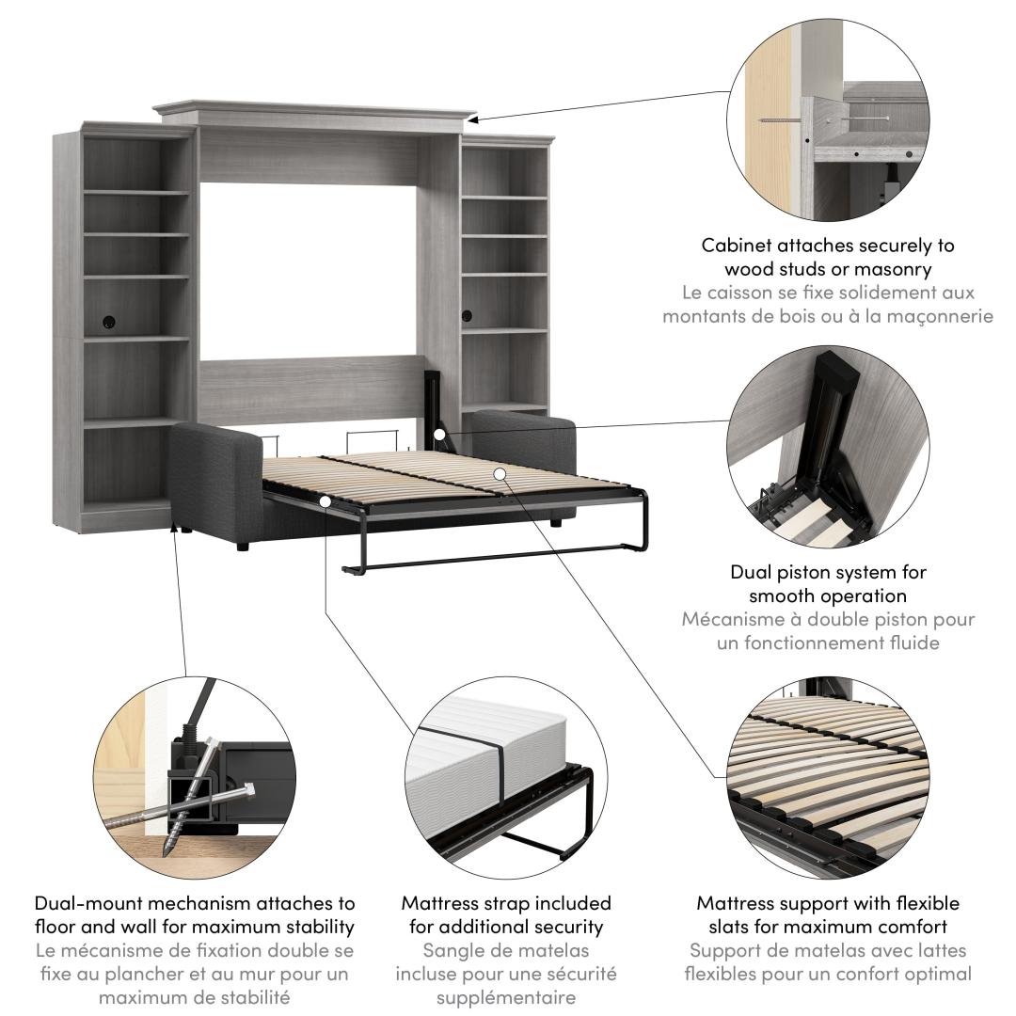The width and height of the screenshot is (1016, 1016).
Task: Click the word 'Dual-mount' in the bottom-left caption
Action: [86, 903]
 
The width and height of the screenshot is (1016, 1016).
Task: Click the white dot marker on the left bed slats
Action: [325, 501]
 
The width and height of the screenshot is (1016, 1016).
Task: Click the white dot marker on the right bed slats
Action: [500, 474]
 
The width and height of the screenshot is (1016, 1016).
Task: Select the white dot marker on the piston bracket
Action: [440, 435]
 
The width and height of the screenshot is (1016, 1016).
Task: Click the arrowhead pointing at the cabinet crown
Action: [473, 119]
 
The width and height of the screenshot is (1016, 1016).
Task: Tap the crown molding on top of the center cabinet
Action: [310, 112]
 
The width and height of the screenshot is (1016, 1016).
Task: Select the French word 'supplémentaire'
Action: [506, 997]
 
